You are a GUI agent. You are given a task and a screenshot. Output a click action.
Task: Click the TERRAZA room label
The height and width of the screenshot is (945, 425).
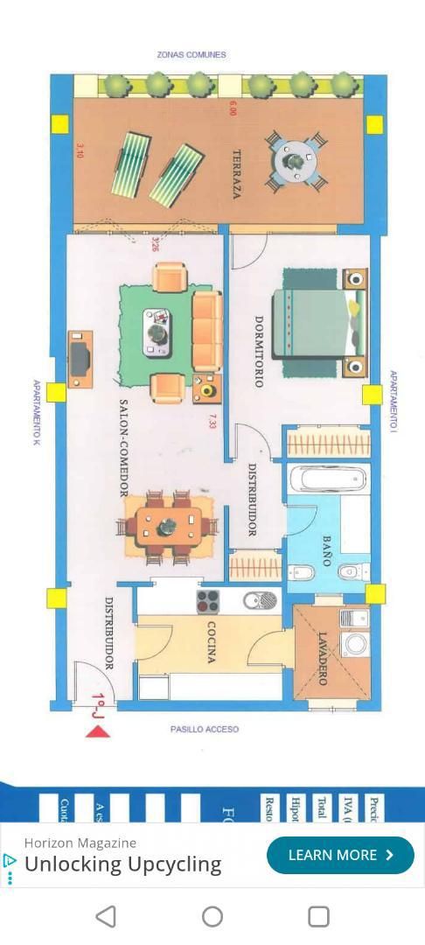pos(236,174)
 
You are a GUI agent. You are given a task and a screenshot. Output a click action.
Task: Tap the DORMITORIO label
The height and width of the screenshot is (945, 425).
pos(259,351)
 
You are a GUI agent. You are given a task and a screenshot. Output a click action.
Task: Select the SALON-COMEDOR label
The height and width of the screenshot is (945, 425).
pos(125,448)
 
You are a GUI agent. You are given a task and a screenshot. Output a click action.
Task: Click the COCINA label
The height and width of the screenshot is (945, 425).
pos(211,642)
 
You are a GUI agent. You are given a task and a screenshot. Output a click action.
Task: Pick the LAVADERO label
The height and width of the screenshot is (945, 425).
pos(322,658)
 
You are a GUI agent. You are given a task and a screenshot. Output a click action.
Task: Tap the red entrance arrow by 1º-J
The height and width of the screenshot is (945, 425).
pos(98,731)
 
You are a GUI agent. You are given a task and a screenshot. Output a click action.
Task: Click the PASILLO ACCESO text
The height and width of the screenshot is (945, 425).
pos(204,729)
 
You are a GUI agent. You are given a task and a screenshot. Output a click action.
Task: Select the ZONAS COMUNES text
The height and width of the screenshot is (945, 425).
pos(192,54)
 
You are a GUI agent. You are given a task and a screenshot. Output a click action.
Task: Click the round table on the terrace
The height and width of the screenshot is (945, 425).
pos(296,161)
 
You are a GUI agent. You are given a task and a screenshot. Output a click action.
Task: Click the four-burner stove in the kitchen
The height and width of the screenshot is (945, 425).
pos(207,601)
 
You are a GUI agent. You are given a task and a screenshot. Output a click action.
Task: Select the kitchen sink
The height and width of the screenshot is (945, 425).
pos(259,600)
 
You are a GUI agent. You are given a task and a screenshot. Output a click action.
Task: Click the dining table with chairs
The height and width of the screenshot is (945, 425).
pos(168,526)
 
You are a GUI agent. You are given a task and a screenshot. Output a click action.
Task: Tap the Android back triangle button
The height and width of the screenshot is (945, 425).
pos(106,916)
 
